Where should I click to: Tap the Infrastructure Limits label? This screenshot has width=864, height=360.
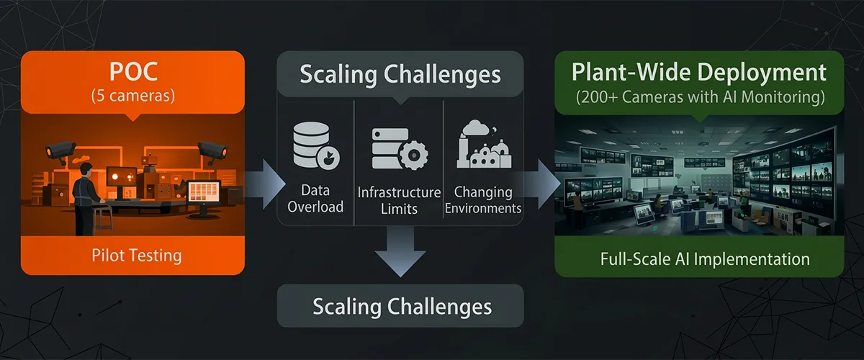coord(399,201)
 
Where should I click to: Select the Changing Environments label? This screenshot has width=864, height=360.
coord(483,200)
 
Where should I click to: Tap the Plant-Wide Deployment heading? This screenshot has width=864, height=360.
coord(698,72)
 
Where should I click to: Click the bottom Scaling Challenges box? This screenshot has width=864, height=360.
coord(401,307)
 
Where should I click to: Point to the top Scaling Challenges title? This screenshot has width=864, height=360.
coord(400,73)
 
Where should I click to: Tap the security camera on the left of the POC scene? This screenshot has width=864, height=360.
coord(59,149)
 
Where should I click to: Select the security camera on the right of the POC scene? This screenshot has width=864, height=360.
coord(210,148)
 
